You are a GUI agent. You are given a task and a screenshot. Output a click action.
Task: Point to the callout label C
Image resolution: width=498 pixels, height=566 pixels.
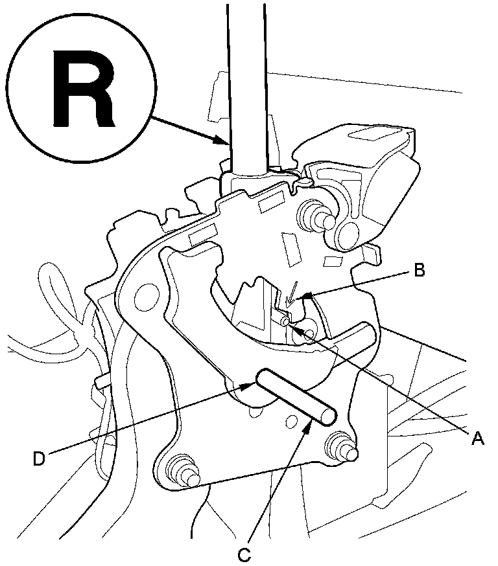coord(244,554)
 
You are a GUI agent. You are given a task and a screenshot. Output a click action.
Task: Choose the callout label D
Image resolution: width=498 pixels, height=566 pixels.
coord(40,458)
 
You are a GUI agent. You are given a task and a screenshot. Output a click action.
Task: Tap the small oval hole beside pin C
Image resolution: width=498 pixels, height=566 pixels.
coord(290,423)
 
